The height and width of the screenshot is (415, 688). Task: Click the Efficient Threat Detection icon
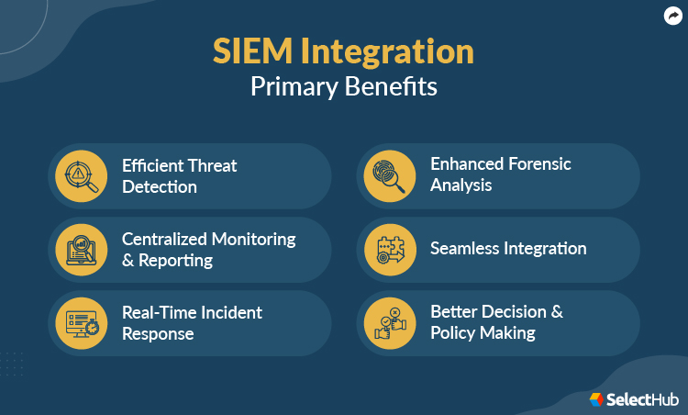click(81, 175)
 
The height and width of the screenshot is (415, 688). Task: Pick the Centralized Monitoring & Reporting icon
click(81, 249)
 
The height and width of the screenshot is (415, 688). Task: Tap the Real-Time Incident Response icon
click(81, 322)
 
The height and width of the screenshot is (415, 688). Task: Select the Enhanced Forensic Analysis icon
click(389, 174)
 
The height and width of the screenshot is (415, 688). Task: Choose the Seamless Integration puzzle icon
click(389, 249)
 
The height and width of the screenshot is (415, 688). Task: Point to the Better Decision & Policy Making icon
click(389, 322)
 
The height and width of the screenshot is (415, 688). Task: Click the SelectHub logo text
click(641, 399)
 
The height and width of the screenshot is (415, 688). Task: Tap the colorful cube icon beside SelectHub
click(596, 399)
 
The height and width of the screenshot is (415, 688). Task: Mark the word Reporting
click(175, 260)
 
